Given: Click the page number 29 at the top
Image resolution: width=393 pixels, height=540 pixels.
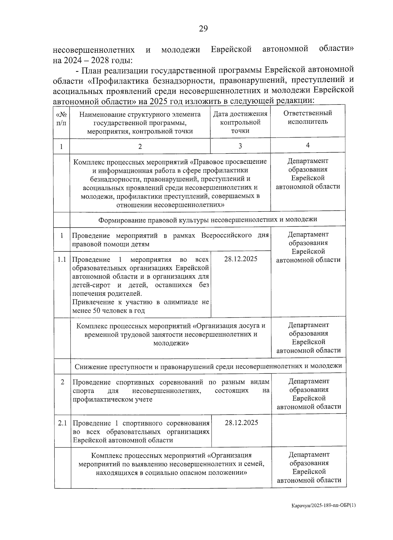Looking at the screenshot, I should pyautogui.click(x=203, y=29).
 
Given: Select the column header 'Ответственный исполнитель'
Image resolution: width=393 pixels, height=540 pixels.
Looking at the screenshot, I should pyautogui.click(x=308, y=117).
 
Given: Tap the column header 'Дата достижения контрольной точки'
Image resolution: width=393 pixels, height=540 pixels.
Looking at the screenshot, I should pyautogui.click(x=240, y=122).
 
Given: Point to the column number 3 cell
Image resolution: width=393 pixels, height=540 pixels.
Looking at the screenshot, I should pyautogui.click(x=240, y=146).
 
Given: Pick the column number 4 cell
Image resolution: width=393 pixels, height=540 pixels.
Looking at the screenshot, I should pyautogui.click(x=308, y=145).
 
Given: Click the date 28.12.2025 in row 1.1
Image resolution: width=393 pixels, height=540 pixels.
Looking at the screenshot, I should pyautogui.click(x=241, y=259).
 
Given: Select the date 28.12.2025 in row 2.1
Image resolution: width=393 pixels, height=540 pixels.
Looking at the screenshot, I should pyautogui.click(x=241, y=422).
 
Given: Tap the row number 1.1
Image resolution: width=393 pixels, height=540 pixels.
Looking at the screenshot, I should pyautogui.click(x=62, y=260).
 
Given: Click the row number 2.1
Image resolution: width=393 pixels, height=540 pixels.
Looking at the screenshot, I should pyautogui.click(x=62, y=423).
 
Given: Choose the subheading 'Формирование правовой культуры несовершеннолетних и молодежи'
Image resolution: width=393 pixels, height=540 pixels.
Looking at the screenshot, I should pyautogui.click(x=208, y=219).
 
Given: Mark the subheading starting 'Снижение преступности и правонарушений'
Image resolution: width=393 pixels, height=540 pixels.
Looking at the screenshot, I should pyautogui.click(x=208, y=366).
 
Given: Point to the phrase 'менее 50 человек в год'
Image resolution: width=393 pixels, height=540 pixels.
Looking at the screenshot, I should pyautogui.click(x=108, y=311).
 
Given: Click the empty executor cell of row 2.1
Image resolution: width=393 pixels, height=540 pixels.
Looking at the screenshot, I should pyautogui.click(x=308, y=430).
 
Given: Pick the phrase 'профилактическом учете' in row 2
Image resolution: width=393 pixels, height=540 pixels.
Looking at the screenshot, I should pyautogui.click(x=112, y=400).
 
